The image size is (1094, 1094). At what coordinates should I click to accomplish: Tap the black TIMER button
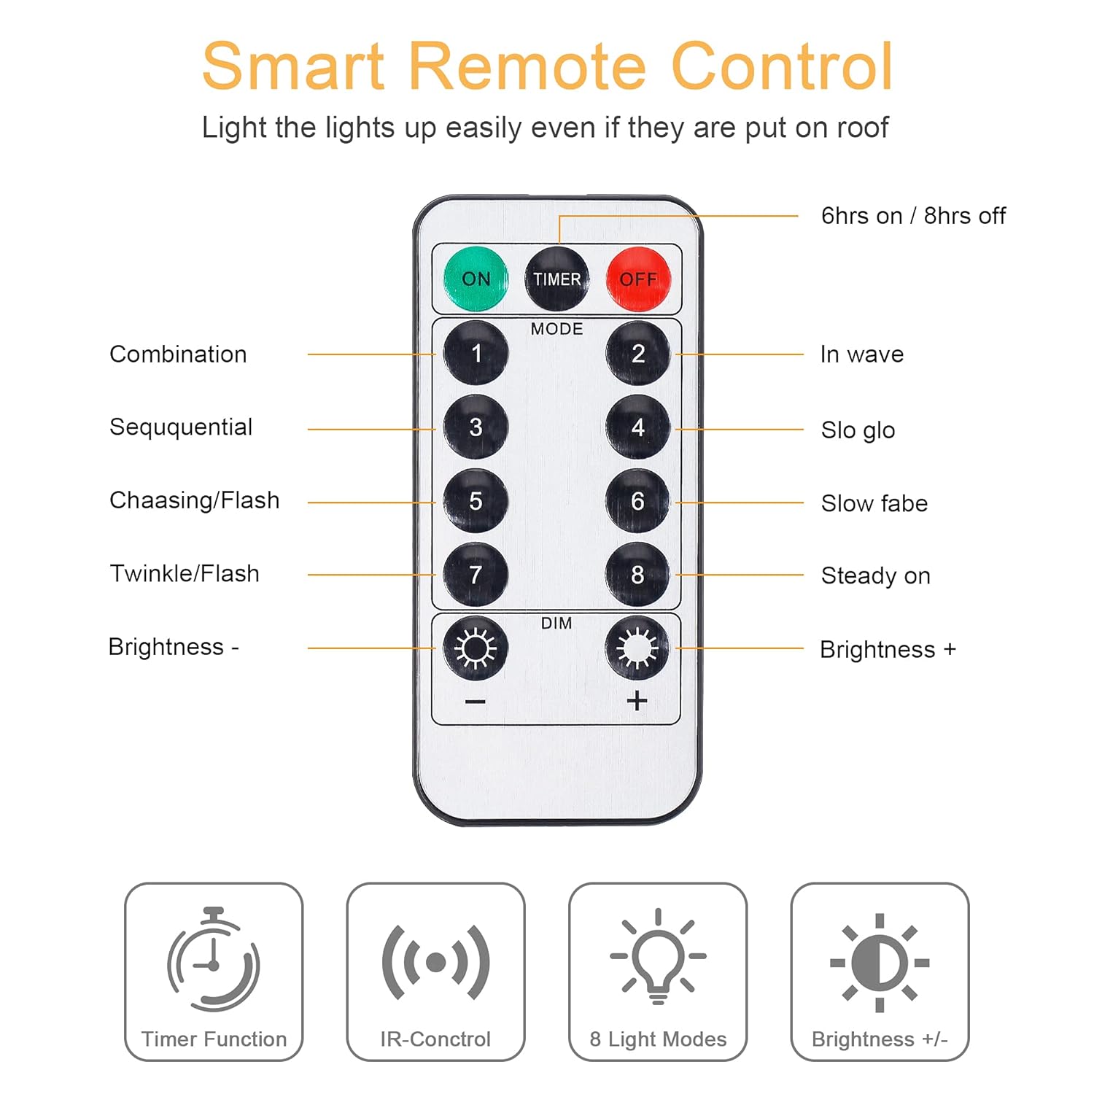coord(556,279)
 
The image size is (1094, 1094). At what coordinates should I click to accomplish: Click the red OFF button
coord(638,279)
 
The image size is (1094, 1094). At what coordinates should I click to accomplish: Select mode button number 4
coord(637,427)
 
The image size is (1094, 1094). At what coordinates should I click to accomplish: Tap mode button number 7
coord(476,574)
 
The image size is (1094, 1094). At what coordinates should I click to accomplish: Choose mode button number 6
coord(637,501)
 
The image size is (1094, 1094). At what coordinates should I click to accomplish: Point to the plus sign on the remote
coord(637,701)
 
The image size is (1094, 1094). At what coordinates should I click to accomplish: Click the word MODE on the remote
coord(556,329)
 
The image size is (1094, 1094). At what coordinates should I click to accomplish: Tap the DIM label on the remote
coord(556,624)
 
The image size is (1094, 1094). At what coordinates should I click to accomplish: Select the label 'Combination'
coord(178,354)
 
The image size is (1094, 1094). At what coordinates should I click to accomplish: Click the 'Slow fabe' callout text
coord(874,503)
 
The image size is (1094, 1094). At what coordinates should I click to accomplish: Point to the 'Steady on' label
coord(876,576)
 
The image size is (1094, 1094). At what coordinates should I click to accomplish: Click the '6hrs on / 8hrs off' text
coord(913,216)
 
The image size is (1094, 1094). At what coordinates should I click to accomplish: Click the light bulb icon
coord(659,956)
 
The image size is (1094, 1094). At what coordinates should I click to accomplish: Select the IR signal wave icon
coord(436,962)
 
